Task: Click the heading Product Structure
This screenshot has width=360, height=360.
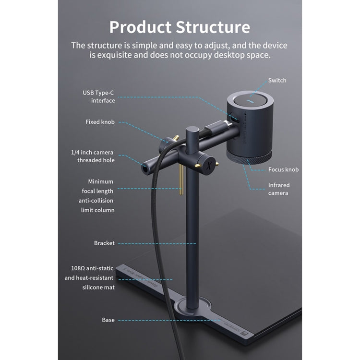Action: pos(180,27)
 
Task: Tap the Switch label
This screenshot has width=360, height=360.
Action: pos(277,80)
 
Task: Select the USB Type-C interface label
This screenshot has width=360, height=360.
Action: pos(99,96)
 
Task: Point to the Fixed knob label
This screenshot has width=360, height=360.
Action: pos(100,122)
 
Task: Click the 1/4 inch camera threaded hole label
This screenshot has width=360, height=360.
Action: pos(93,156)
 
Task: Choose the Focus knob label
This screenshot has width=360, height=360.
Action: pos(283,169)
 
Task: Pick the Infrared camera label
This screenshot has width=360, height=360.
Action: pos(279,189)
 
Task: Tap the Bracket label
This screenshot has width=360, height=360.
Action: pos(104,243)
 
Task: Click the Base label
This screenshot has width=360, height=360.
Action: pos(108,320)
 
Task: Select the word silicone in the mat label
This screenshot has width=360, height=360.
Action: pos(92,288)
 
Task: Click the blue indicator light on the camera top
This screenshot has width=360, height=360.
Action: pos(250,101)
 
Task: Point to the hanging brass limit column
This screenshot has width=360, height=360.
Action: pos(181,180)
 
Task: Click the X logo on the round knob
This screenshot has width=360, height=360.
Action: pos(209,165)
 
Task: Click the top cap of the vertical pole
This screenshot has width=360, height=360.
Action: pos(192,130)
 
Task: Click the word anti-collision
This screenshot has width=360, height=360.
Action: pos(96,201)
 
